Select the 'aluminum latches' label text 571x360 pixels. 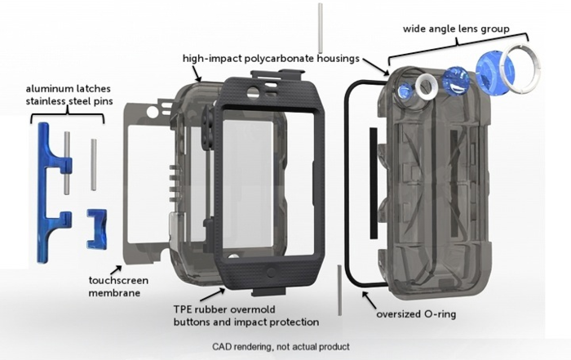pos(65,88)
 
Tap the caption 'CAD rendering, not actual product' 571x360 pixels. pos(281,346)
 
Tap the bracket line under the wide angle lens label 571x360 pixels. pos(457,44)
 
